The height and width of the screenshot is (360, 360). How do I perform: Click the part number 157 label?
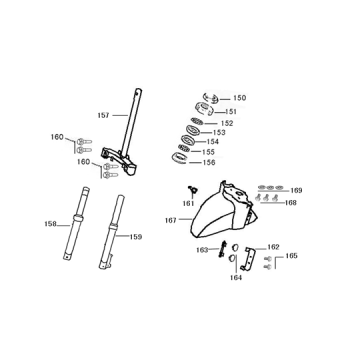(x=103, y=115)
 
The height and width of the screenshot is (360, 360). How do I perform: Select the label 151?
(x=231, y=111)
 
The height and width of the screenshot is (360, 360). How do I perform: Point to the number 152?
(x=227, y=123)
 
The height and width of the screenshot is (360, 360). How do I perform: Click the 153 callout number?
(x=220, y=132)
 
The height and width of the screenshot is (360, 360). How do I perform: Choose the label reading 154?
(x=213, y=142)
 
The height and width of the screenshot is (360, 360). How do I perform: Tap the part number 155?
(x=209, y=152)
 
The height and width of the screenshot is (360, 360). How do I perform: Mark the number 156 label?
(x=208, y=162)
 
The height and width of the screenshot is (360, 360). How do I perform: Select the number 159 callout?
(x=136, y=237)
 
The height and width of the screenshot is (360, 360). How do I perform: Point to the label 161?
(x=189, y=203)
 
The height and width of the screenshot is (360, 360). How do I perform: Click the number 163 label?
(x=200, y=250)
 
